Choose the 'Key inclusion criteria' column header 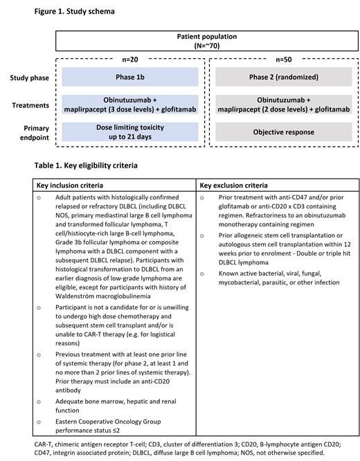[x=71, y=185]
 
